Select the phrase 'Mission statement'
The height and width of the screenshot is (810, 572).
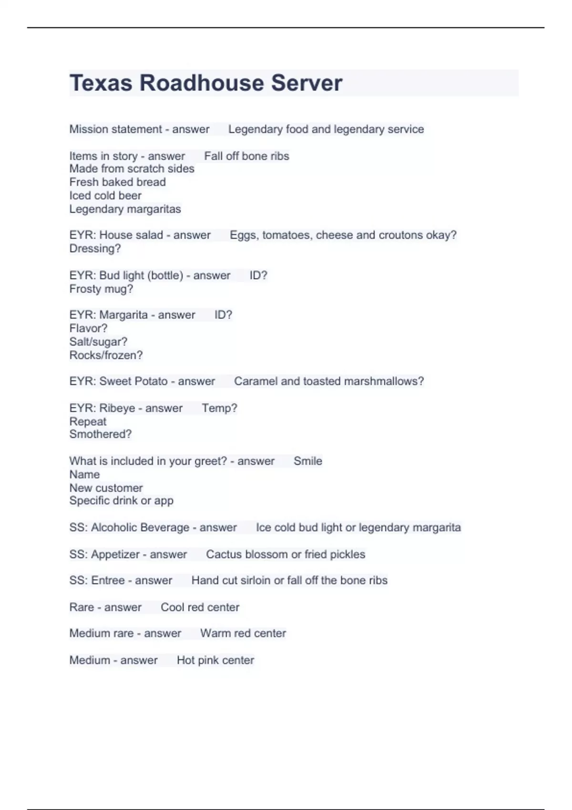pos(116,129)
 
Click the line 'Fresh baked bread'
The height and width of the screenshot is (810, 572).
pos(117,182)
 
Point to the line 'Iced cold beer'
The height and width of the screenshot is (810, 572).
pos(105,195)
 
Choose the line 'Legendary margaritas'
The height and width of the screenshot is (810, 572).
pos(125,209)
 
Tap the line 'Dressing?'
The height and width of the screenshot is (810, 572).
pos(95,249)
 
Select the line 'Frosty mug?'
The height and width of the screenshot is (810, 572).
pos(101,289)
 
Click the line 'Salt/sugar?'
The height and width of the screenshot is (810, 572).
pos(98,342)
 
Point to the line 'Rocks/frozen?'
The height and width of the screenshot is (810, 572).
pos(106,355)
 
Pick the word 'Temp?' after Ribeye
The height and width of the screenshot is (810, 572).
pos(219,408)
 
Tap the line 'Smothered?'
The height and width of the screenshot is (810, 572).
pos(100,434)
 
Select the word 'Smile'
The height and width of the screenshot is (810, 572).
pos(307,461)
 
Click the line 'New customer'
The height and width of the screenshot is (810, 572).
pos(106,488)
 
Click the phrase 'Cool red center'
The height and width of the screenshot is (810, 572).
pos(200,607)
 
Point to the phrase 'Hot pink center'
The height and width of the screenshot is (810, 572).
pos(215,660)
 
